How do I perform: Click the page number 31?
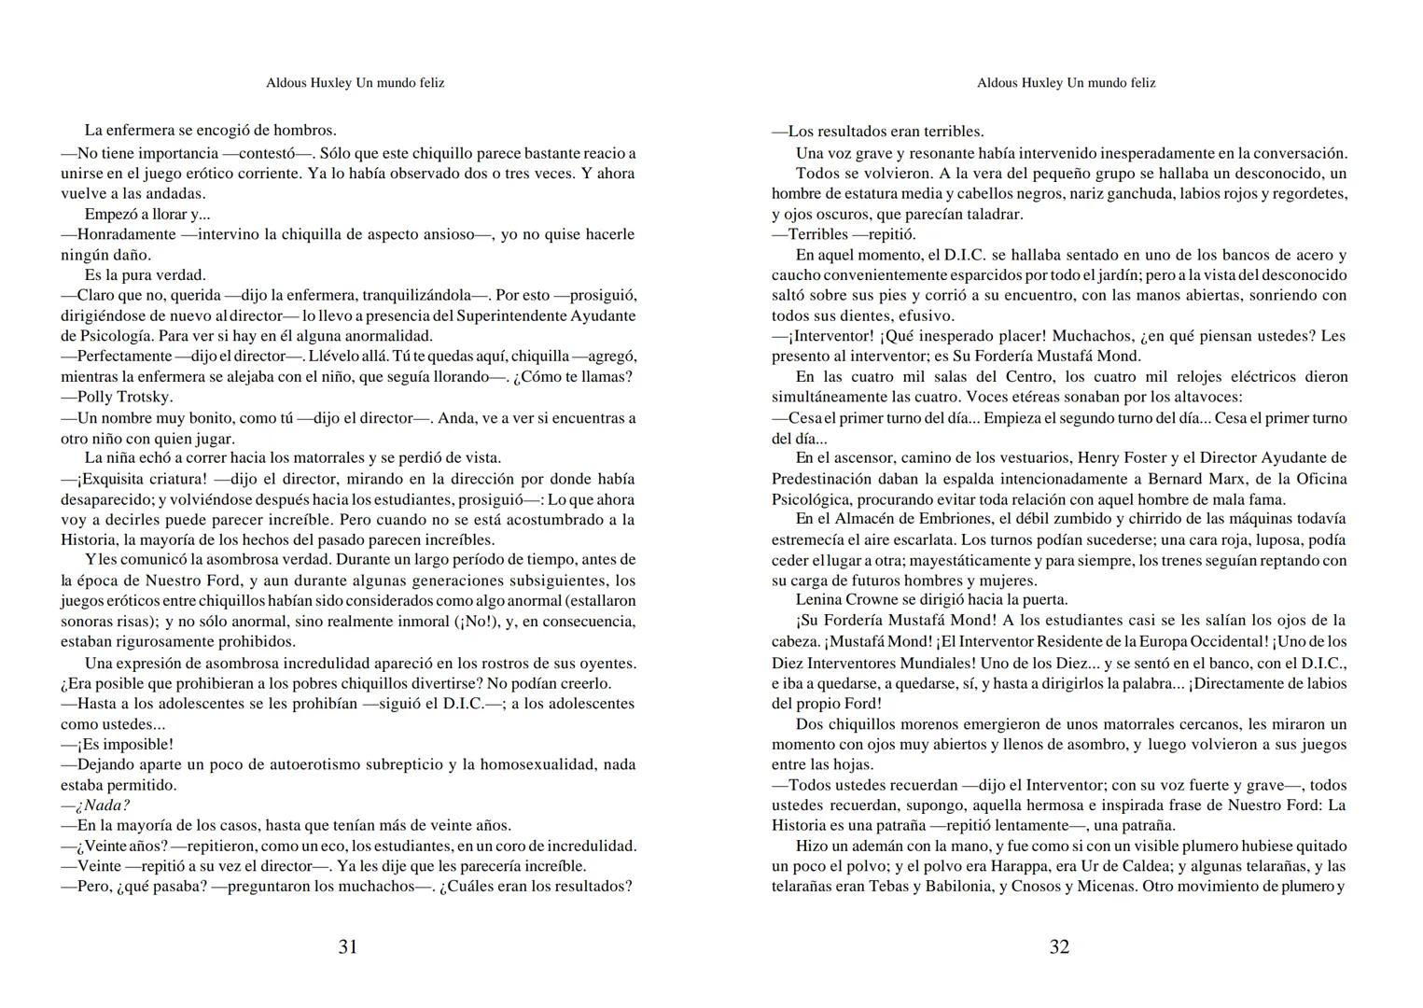pyautogui.click(x=347, y=946)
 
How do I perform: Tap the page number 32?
pyautogui.click(x=1059, y=946)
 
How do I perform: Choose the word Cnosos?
pyautogui.click(x=1040, y=886)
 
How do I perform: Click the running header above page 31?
pyautogui.click(x=355, y=83)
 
